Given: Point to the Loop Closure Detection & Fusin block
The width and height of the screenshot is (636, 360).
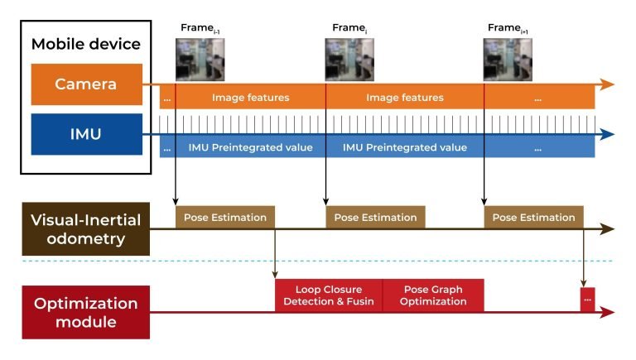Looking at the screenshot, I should tap(329, 295).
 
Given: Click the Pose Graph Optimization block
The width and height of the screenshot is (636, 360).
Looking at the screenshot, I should tap(433, 295).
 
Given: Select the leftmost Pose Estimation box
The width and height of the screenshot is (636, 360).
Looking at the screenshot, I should tap(224, 218).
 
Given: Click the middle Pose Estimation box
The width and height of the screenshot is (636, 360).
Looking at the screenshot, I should tap(375, 218).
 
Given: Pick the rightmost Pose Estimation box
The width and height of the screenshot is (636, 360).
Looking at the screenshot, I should tap(533, 218).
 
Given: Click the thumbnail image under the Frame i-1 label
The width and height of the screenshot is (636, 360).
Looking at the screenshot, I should tap(200, 60).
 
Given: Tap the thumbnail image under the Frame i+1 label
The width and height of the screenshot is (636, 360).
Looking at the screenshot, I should tap(508, 60).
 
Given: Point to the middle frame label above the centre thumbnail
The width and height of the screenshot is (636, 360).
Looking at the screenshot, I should tap(349, 28).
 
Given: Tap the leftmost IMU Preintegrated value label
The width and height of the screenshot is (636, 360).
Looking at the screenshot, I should tap(250, 148).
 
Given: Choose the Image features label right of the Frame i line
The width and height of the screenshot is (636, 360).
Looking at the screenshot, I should tap(405, 98).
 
